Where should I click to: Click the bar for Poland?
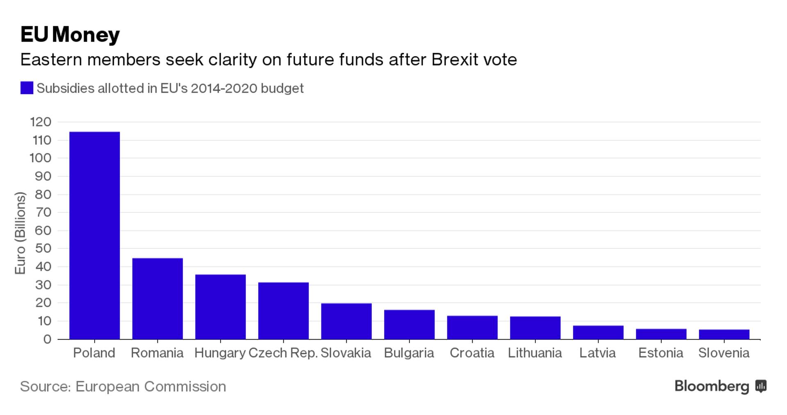(94, 235)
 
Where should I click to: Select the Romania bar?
(157, 298)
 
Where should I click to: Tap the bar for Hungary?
(221, 307)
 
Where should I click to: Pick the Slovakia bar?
(346, 321)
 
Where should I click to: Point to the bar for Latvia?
(598, 332)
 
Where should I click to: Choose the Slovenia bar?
(724, 334)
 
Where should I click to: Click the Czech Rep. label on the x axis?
(283, 353)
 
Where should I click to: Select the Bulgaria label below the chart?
(409, 353)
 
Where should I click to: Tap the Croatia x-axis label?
(472, 353)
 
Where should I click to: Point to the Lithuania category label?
(535, 353)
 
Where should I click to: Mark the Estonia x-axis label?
(660, 353)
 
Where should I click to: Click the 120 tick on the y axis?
(41, 122)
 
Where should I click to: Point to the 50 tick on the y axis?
(43, 248)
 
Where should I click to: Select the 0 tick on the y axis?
(47, 339)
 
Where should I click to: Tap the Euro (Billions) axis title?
(20, 233)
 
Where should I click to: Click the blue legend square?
(27, 88)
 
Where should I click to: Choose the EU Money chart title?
(70, 34)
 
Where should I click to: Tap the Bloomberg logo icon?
(761, 386)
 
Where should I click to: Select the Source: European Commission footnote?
(123, 386)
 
